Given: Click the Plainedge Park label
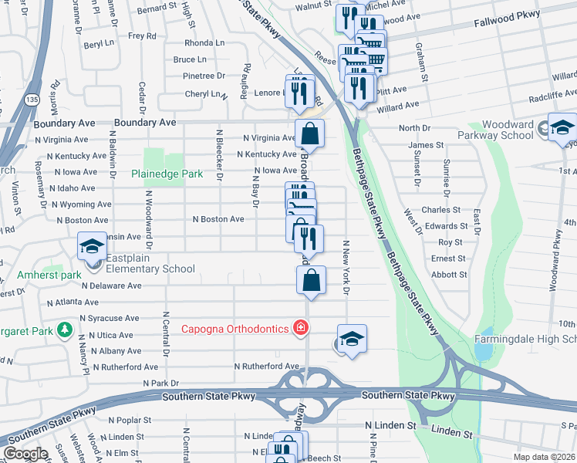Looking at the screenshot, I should click(x=167, y=174).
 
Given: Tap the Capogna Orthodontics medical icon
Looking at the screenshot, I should click(x=301, y=329).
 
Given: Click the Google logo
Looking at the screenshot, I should click(x=25, y=454).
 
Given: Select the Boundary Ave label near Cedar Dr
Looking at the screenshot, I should click(x=146, y=123).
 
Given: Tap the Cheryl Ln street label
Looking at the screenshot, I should click(x=202, y=94).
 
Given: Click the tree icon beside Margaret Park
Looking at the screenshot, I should click(x=65, y=331).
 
